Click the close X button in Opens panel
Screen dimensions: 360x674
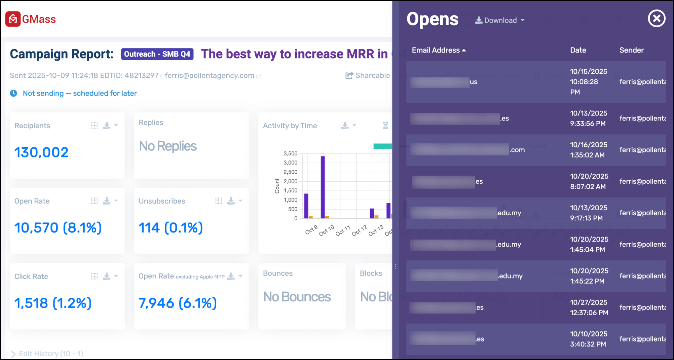coord(657,19)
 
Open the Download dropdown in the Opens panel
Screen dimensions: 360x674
coord(500,21)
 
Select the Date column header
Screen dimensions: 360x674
coord(578,50)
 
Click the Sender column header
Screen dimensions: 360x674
coord(631,50)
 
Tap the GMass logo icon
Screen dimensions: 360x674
coord(13,19)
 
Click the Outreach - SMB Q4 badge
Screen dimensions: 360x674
coord(157,54)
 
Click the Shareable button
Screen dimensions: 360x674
coord(368,75)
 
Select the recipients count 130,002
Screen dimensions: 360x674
coord(41,152)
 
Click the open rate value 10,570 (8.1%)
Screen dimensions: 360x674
coord(58,228)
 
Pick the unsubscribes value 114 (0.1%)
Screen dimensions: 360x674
coord(171,228)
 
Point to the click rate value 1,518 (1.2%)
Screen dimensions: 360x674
coord(53,303)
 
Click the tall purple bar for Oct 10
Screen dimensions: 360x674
coord(323,187)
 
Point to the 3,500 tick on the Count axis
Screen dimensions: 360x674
coord(290,154)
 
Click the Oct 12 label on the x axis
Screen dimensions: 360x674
coord(359,230)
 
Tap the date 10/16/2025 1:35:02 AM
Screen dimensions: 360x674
coord(588,150)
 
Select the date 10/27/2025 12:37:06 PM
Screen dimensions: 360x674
coord(589,308)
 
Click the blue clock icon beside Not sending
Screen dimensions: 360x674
coord(13,93)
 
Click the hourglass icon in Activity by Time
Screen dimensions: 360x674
coord(385,125)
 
